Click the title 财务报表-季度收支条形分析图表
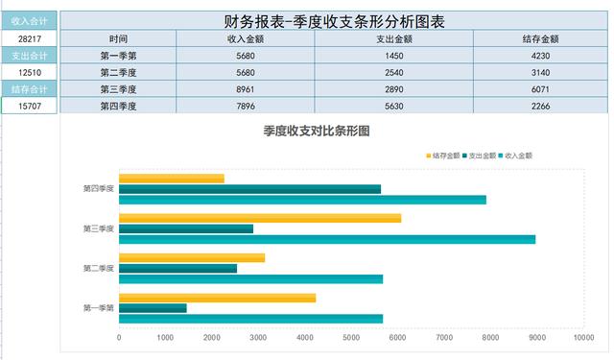333,20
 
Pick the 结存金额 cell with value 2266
540,106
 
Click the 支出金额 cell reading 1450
392,56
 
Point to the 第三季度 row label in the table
118,89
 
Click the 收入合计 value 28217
29,38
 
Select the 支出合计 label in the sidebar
29,55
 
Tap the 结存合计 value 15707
29,106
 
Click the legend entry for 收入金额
515,155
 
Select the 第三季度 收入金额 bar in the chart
327,239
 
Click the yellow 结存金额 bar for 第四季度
172,179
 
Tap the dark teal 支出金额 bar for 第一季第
153,308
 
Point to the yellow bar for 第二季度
192,257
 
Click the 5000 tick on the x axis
351,338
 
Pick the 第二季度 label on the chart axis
99,268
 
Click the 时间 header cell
118,38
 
